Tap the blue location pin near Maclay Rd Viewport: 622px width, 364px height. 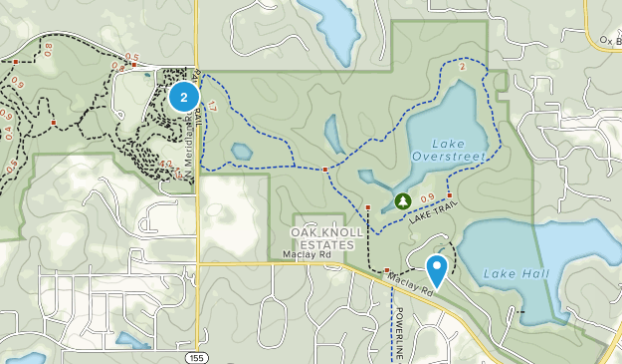tap(437, 268)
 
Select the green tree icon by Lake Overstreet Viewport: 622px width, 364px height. tap(402, 201)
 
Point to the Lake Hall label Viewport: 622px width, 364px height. tap(511, 273)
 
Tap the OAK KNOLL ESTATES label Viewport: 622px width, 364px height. tap(322, 237)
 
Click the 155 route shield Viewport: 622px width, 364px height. tap(196, 355)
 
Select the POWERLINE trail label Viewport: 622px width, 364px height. tap(394, 334)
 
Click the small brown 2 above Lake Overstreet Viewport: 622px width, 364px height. tap(463, 66)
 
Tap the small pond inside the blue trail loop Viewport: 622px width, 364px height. tap(242, 152)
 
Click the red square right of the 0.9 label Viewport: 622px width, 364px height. tap(449, 195)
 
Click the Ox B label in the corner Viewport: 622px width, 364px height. tap(609, 41)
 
